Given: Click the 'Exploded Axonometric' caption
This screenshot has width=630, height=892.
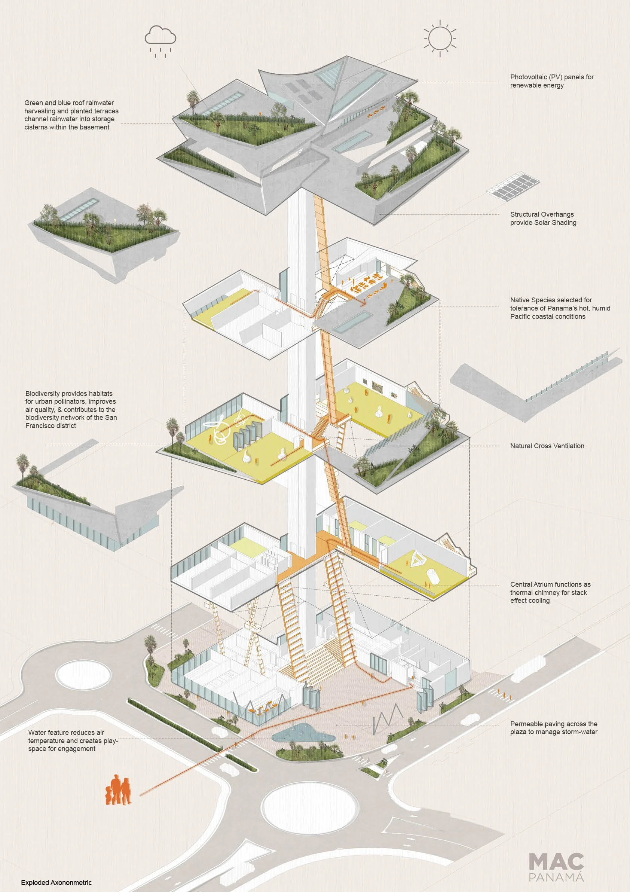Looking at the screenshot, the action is (x=56, y=882).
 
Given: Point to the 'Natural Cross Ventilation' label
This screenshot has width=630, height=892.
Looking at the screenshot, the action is (x=547, y=446).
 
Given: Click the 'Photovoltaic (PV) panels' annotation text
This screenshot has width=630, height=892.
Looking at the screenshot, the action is (x=551, y=81).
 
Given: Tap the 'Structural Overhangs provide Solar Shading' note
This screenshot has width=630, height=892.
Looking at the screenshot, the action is (x=543, y=219).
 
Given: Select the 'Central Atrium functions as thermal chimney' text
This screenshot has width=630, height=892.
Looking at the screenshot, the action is (x=550, y=592).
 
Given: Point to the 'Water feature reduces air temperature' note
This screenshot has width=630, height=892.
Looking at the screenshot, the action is (x=73, y=740).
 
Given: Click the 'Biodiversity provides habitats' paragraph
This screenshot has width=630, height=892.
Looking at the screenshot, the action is (x=71, y=409).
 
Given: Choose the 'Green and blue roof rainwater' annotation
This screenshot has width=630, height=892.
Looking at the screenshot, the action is (x=71, y=115).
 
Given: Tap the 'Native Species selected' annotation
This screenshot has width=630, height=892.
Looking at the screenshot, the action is (x=560, y=308).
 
